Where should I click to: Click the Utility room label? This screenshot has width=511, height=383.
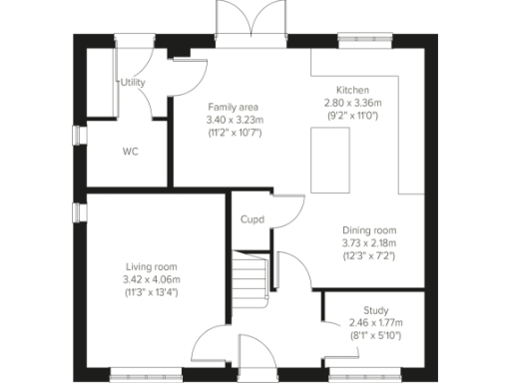(133, 83)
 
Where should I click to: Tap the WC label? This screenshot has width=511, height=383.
(130, 153)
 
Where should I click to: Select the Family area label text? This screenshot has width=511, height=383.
(234, 106)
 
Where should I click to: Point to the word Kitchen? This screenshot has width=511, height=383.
(352, 89)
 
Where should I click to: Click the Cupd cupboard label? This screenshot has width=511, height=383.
(252, 219)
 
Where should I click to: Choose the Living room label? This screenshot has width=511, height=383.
(152, 266)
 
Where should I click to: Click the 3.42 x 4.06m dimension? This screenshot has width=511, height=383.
(152, 279)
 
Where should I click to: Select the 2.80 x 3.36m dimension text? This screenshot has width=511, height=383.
(353, 103)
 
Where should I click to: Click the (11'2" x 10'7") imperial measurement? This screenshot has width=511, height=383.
(234, 133)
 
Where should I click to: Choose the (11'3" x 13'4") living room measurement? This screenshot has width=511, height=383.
(152, 293)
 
